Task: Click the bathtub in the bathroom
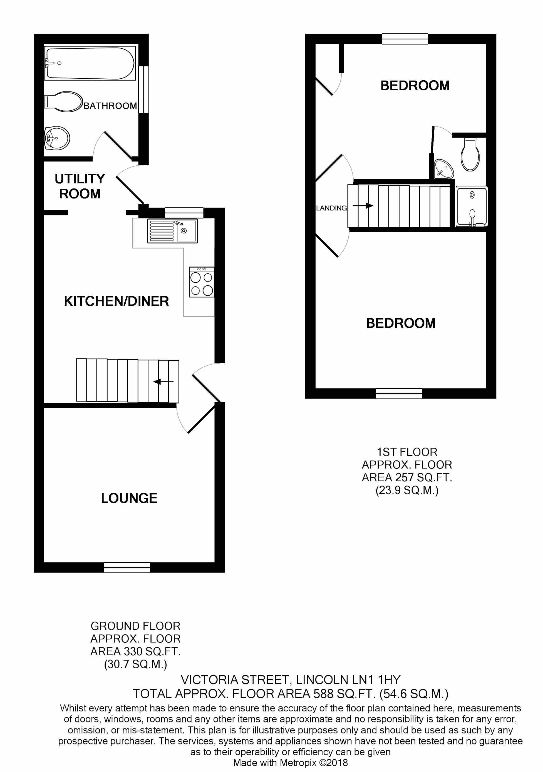coord(90,63)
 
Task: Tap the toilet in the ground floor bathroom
coord(64,101)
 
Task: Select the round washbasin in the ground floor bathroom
coord(57,138)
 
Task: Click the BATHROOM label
coord(110,106)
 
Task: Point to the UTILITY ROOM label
coord(80,186)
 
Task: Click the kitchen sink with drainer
coord(172,231)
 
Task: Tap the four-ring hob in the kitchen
coord(202,282)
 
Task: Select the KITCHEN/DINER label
coord(116,301)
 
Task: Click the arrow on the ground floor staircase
coord(163,382)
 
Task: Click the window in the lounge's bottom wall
coord(127,567)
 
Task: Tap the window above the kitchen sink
coord(184,213)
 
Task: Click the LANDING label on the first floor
coord(331,208)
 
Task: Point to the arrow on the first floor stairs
coord(363,206)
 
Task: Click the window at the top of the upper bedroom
coord(405,39)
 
